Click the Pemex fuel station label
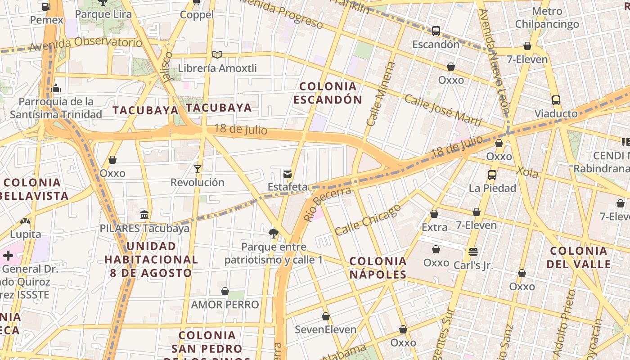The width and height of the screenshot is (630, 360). [47, 20]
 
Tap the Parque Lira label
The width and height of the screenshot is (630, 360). [103, 14]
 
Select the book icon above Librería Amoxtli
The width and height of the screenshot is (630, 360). [217, 55]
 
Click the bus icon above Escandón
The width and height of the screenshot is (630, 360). [436, 31]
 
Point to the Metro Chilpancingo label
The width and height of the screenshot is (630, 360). [547, 18]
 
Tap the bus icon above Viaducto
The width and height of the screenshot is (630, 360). [556, 100]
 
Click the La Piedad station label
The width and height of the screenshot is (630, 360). [492, 188]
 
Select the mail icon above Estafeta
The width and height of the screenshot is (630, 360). [287, 174]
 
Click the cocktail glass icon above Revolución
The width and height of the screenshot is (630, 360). [197, 169]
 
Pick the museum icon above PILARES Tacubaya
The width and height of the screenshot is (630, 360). [144, 215]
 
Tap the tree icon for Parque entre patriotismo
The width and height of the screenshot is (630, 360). [273, 233]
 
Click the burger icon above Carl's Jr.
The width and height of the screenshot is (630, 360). [473, 252]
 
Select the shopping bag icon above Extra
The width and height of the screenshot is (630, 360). [434, 214]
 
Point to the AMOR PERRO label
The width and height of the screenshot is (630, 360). [225, 305]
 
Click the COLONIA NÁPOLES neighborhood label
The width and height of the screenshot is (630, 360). [378, 268]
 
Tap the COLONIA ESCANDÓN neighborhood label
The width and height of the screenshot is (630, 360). [328, 93]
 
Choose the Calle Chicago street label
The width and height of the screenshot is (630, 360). [368, 220]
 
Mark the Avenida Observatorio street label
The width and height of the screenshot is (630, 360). [85, 44]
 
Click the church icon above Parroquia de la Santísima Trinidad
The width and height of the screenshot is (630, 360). [56, 88]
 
